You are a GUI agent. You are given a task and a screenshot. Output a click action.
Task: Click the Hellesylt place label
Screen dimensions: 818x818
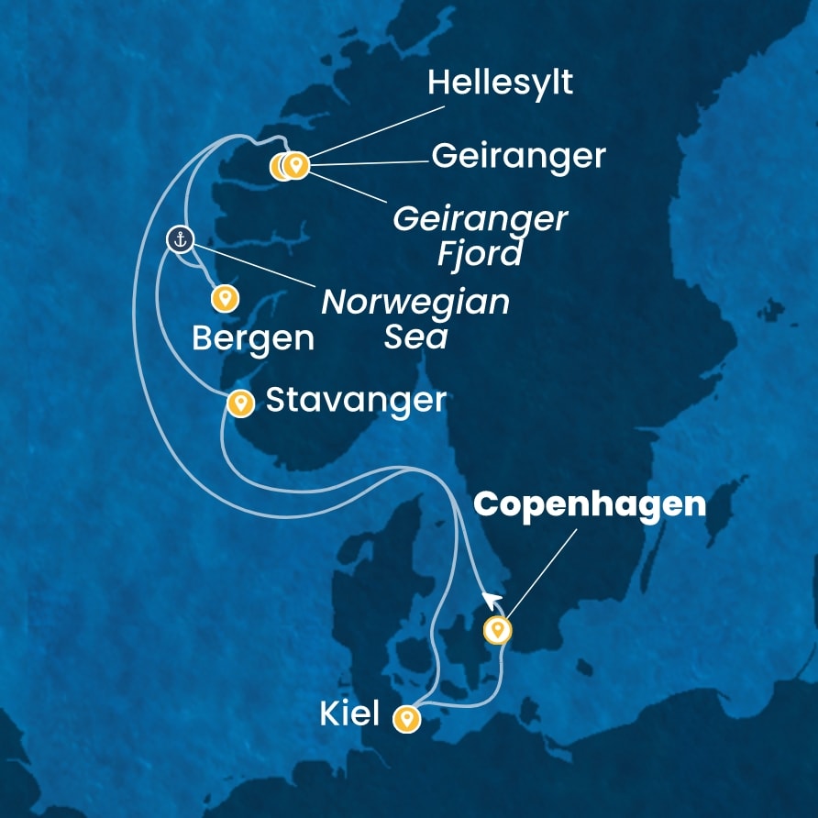coord(500,83)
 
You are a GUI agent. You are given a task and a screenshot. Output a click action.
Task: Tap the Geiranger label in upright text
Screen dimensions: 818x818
coord(518,157)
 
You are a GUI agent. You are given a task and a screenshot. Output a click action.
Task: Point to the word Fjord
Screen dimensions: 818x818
coord(479,253)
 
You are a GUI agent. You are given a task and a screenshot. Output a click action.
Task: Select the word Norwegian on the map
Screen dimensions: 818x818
coord(415,303)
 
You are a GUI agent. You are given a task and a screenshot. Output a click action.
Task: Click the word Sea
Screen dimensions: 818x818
coord(416,337)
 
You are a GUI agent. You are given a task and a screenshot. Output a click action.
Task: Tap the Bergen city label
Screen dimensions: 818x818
coord(253,338)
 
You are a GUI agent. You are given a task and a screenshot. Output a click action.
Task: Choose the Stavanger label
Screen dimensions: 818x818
coord(356,400)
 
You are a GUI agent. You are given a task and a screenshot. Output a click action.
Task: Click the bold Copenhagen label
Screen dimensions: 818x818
coord(591,505)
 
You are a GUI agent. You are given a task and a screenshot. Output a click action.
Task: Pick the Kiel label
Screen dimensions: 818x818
coord(349,714)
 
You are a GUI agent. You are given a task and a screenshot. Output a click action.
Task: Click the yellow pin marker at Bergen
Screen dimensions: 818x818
coord(225,298)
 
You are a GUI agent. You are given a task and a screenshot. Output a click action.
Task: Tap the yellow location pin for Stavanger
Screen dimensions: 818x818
coord(240,403)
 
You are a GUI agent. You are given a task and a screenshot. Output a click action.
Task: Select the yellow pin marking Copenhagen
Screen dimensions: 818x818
coord(497,630)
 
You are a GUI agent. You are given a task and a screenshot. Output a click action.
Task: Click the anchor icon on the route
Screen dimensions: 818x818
coord(180,240)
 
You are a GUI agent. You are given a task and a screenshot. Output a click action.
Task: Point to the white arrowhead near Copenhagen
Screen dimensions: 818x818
coord(492,600)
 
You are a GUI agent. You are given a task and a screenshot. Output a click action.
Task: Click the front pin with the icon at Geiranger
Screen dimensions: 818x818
coord(294,165)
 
